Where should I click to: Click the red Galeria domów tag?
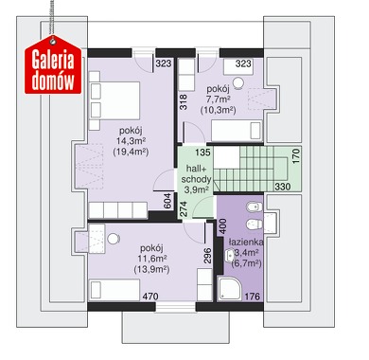pos(53,65)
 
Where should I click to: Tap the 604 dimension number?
pos(167,201)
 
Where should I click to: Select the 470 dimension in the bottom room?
pos(150,297)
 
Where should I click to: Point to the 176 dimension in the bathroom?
pos(253,297)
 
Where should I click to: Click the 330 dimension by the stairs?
pos(283,187)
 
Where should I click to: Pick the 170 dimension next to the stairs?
pos(296,156)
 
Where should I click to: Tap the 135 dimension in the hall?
pos(202,153)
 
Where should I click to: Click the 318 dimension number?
pos(183,102)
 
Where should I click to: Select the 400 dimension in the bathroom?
pos(222,226)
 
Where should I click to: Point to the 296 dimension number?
pos(207,256)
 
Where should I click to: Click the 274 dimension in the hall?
pos(184,209)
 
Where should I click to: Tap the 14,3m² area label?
pos(131,141)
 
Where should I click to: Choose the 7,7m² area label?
pos(218,99)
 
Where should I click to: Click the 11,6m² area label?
pos(152,259)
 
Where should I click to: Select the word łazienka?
pos(246,243)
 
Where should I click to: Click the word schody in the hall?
pos(196,180)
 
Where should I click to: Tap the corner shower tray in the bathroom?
pos(231,288)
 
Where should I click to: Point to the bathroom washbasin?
pos(229,256)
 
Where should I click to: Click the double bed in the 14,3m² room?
pos(115,100)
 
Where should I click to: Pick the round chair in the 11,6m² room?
pos(114,239)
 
